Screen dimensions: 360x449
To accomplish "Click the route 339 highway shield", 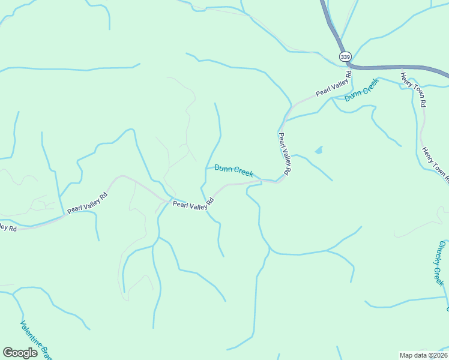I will pyautogui.click(x=345, y=56).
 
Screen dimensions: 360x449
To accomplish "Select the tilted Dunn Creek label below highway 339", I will pyautogui.click(x=361, y=90).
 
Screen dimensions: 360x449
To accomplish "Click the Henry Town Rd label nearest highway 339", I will pyautogui.click(x=414, y=89).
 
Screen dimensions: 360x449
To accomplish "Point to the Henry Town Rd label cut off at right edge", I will pyautogui.click(x=435, y=164).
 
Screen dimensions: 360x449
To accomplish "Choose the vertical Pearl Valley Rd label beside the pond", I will pyautogui.click(x=285, y=154).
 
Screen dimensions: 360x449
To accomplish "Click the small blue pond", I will pyautogui.click(x=318, y=150).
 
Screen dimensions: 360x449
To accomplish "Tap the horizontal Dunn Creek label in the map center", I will pyautogui.click(x=234, y=171).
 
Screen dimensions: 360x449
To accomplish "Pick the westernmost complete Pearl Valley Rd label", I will pyautogui.click(x=87, y=203).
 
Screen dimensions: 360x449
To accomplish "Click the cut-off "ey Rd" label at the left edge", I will pyautogui.click(x=7, y=227).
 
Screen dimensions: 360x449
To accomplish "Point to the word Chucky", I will pyautogui.click(x=442, y=253).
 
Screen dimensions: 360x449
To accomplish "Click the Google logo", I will pyautogui.click(x=20, y=353).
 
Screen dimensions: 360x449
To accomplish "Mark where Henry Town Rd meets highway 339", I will pyautogui.click(x=401, y=68).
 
